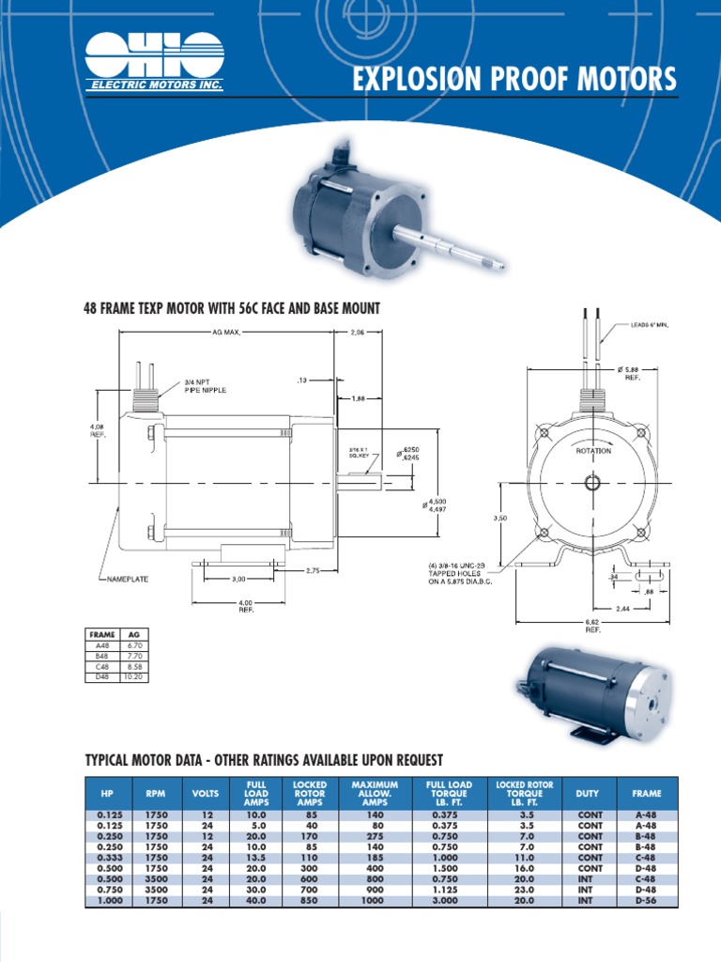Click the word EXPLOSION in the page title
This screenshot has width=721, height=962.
[419, 81]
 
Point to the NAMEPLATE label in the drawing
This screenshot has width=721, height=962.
[125, 580]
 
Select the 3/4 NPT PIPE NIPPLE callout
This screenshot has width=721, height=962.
[205, 386]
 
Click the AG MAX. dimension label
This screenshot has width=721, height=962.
[226, 333]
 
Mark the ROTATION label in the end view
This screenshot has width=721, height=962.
[592, 451]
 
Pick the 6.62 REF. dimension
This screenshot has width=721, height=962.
[592, 626]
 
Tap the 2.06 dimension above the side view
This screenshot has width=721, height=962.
[358, 333]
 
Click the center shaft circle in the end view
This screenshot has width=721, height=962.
[591, 483]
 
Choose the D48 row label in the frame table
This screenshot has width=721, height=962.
[102, 676]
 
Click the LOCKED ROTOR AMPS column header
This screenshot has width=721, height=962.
[310, 794]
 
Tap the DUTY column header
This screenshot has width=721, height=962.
[587, 794]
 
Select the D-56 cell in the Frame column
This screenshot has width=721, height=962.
[646, 901]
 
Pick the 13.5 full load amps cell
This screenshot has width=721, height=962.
[256, 858]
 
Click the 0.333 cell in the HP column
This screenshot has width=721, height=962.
[106, 858]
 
